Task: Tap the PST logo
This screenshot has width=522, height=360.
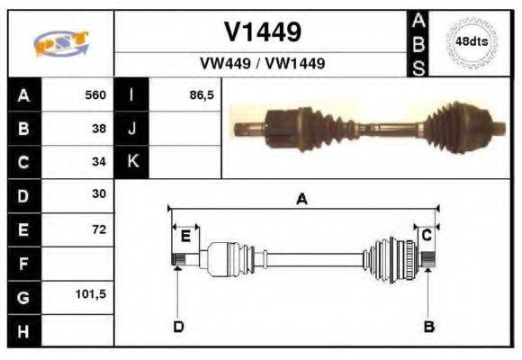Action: click(x=60, y=43)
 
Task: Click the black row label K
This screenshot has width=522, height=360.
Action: click(x=132, y=161)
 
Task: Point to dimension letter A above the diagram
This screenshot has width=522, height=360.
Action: click(x=301, y=200)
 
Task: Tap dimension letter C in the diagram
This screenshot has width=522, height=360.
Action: click(x=427, y=235)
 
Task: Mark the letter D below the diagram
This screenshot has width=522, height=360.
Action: click(x=178, y=326)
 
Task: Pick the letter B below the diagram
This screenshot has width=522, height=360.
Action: click(x=429, y=326)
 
